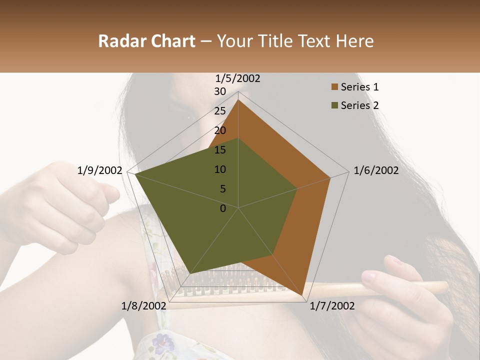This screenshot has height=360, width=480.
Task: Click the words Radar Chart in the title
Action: coord(146,41)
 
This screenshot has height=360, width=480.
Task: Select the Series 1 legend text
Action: coord(359,87)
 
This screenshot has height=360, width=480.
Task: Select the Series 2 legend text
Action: coord(359,105)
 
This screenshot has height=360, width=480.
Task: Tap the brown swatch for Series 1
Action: coord(334,87)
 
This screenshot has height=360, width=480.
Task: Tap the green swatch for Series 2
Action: coord(334,105)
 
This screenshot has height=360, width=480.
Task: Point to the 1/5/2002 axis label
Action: coord(238,78)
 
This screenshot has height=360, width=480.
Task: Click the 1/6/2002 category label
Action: coord(376,170)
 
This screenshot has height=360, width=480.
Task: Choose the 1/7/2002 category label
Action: coord(332,306)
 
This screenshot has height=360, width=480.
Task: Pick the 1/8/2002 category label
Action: coord(144,306)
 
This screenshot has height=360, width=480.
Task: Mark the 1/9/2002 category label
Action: coord(100,170)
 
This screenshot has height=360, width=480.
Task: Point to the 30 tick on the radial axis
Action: coord(220,91)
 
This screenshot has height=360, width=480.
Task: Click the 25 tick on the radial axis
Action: coord(220,111)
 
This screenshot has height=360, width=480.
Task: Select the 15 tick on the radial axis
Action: coord(220,150)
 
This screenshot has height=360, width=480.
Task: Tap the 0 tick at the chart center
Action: coord(223,208)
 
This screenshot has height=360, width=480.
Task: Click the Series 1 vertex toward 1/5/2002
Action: coord(238,99)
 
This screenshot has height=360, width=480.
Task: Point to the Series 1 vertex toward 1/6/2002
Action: coord(330,177)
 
